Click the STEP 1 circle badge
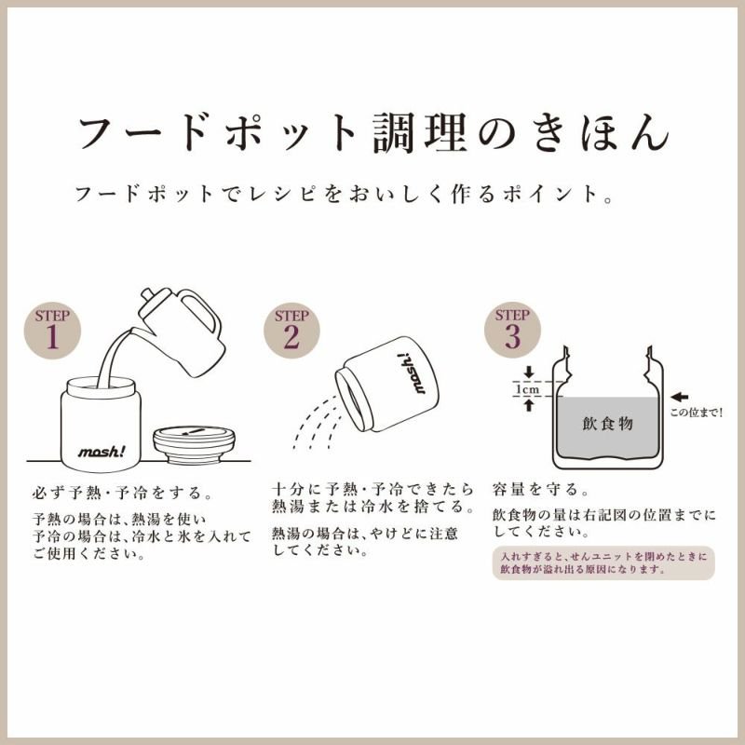tap(52, 331)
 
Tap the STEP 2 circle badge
tap(291, 331)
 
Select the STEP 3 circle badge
tap(512, 331)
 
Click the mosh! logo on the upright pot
tap(102, 452)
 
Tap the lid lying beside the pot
tap(195, 445)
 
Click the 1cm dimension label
tap(528, 389)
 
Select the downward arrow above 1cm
tap(529, 372)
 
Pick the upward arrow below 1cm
tap(529, 405)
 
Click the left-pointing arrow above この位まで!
tap(680, 397)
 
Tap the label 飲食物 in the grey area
tap(608, 423)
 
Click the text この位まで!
tap(696, 413)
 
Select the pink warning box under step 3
tap(603, 563)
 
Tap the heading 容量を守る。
tap(541, 489)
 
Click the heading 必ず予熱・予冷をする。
tap(123, 493)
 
